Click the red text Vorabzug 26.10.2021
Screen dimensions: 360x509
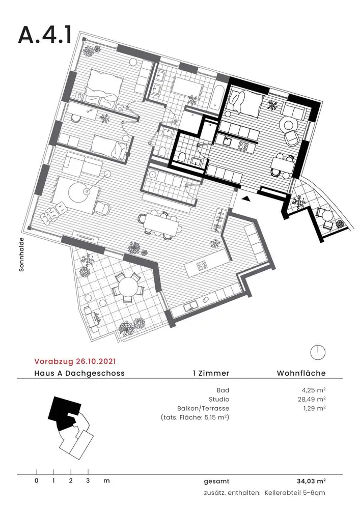[x=75, y=361]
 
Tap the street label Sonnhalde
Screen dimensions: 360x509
[x=22, y=254]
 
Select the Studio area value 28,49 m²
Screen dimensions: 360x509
[x=312, y=399]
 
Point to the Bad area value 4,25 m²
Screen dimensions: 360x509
[x=314, y=390]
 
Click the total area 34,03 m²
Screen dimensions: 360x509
[x=311, y=481]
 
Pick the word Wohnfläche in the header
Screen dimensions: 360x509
[x=301, y=373]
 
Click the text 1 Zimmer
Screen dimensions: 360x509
[x=211, y=373]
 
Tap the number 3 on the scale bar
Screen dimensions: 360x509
[x=88, y=481]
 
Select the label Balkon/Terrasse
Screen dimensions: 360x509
[x=203, y=409]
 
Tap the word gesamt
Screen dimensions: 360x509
[x=216, y=482]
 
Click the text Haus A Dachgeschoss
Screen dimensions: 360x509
[x=79, y=373]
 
